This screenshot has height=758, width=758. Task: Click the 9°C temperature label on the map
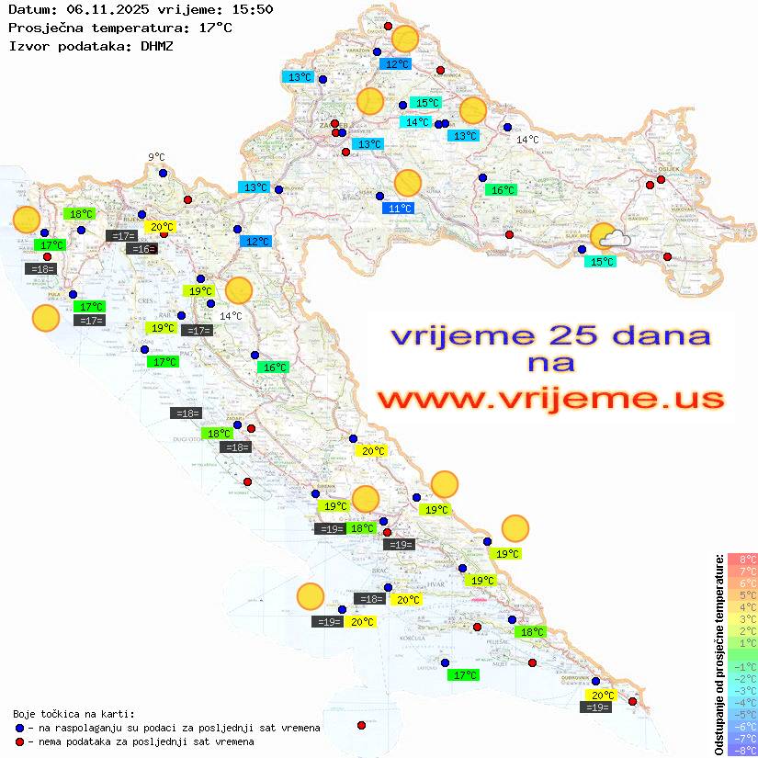pos(156,157)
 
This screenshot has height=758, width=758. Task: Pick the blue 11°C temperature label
pos(399,209)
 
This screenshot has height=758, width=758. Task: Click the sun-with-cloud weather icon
pos(609,237)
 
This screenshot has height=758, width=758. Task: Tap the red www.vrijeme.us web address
pos(551,400)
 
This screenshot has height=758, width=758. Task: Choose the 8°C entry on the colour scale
pos(742,559)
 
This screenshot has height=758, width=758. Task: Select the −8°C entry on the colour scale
pos(742,751)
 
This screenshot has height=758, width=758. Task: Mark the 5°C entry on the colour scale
pos(742,594)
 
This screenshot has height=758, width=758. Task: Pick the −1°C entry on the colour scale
pos(742,667)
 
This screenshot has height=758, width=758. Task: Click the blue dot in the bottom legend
pos(18,728)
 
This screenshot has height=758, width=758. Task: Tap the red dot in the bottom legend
pos(18,741)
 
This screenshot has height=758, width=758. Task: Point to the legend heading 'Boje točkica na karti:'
pos(74,714)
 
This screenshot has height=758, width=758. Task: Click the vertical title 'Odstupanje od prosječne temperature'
pos(718,655)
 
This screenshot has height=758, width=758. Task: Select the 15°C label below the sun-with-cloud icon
pos(601,262)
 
